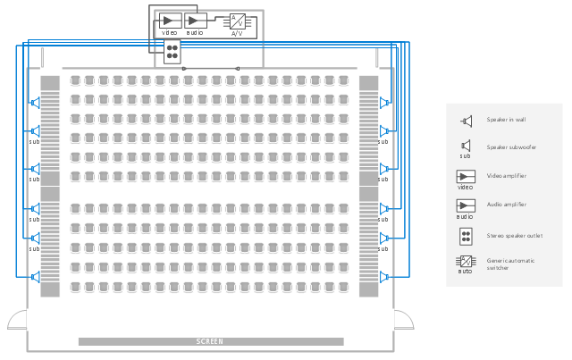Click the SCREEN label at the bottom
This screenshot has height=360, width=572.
pyautogui.click(x=210, y=341)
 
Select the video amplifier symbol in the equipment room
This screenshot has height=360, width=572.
pyautogui.click(x=170, y=20)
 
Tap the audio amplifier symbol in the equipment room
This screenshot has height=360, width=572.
pyautogui.click(x=196, y=20)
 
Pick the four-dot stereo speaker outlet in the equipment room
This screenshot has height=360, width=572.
pyautogui.click(x=171, y=50)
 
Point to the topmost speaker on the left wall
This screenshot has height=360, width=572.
pyautogui.click(x=36, y=103)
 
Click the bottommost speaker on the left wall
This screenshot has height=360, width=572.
pyautogui.click(x=36, y=277)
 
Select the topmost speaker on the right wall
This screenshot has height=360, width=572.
pyautogui.click(x=385, y=103)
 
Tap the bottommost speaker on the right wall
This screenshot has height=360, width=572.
pyautogui.click(x=385, y=277)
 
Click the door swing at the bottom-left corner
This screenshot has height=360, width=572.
pyautogui.click(x=17, y=320)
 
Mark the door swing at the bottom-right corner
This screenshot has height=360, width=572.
pyautogui.click(x=403, y=320)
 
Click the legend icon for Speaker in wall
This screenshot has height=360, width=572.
pyautogui.click(x=466, y=121)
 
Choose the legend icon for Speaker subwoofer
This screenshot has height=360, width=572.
pyautogui.click(x=466, y=146)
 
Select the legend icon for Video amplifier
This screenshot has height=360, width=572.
pyautogui.click(x=466, y=176)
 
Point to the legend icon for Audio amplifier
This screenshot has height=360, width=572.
pyautogui.click(x=466, y=205)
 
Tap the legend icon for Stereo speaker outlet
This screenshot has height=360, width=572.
pyautogui.click(x=466, y=237)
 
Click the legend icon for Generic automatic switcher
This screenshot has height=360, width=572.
pyautogui.click(x=466, y=261)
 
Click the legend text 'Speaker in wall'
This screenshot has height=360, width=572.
pyautogui.click(x=506, y=120)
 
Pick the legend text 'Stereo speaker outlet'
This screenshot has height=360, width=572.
pyautogui.click(x=514, y=236)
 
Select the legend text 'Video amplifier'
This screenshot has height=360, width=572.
pyautogui.click(x=506, y=176)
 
